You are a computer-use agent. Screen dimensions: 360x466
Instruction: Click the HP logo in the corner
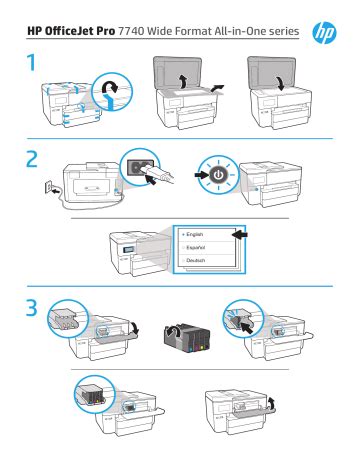(x=324, y=33)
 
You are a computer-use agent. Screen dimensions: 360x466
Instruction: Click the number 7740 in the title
(x=131, y=31)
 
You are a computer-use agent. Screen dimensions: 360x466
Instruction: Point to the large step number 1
(x=32, y=63)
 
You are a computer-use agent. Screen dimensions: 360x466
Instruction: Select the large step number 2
(x=32, y=160)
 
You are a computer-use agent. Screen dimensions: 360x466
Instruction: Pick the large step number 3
(x=32, y=308)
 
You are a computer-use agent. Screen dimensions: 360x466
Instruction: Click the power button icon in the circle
(x=218, y=175)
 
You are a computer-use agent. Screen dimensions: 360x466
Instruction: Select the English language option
(x=194, y=235)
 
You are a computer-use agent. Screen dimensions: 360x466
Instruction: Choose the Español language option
(x=195, y=248)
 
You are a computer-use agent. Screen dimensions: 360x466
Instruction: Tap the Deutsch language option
(x=195, y=260)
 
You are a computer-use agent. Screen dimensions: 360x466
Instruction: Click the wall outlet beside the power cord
(x=48, y=187)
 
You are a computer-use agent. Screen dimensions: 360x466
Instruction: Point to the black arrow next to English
(x=239, y=235)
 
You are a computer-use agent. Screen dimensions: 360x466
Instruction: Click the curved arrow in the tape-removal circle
(x=110, y=88)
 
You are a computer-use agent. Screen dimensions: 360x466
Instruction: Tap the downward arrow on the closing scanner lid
(x=281, y=83)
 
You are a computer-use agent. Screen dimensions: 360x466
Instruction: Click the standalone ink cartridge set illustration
(x=187, y=338)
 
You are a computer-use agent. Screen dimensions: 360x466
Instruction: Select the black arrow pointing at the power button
(x=202, y=175)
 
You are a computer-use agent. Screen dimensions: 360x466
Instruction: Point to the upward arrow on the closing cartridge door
(x=272, y=402)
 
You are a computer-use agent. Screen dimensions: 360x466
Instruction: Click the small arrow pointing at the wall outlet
(x=57, y=191)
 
